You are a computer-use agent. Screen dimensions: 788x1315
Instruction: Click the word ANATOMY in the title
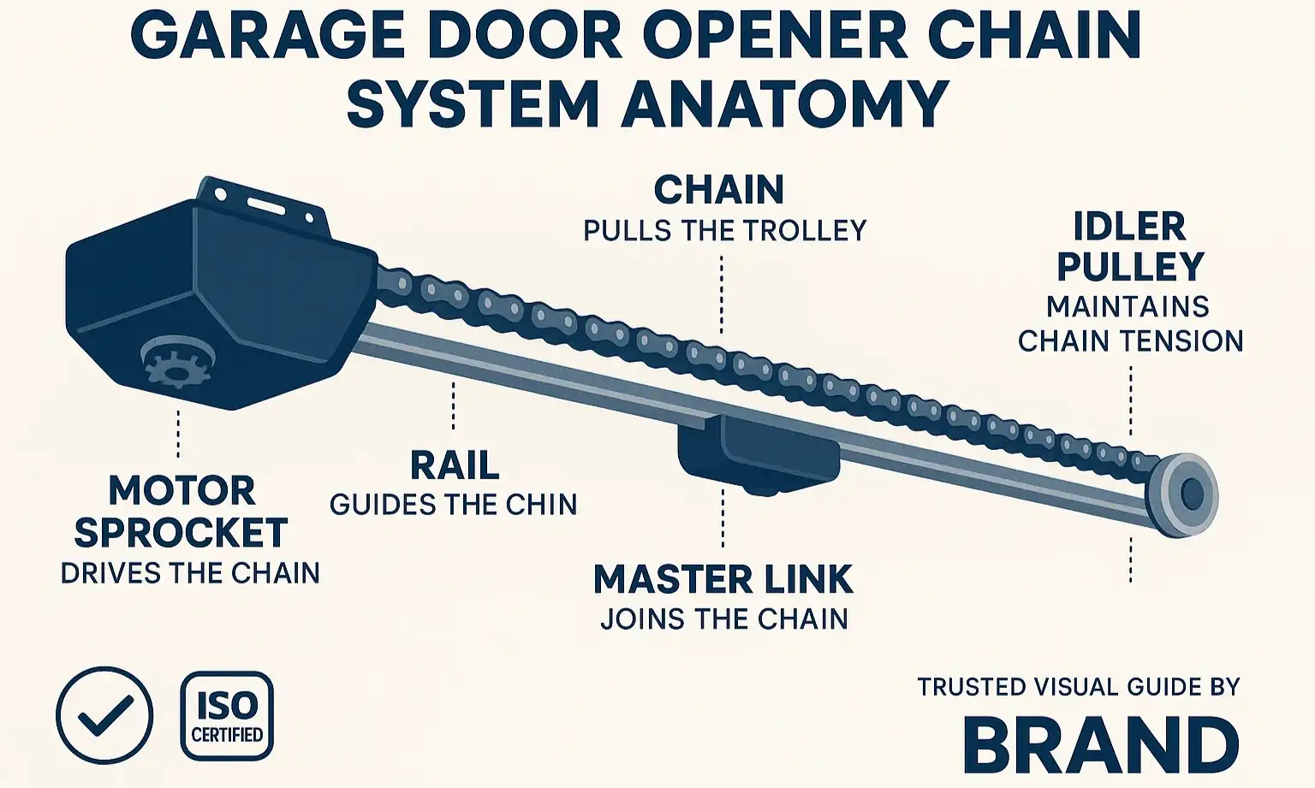tap(785, 104)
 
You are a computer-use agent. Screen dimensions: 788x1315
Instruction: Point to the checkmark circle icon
tap(104, 715)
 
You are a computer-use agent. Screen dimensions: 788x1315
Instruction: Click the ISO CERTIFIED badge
tap(227, 716)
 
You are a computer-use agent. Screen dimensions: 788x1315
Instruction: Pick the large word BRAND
tap(1101, 744)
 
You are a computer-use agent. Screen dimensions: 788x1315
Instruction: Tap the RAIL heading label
tap(454, 465)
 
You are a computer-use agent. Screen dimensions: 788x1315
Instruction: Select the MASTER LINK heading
tap(723, 579)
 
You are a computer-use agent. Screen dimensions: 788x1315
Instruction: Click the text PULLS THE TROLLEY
tap(725, 230)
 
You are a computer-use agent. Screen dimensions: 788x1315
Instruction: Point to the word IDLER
tap(1129, 227)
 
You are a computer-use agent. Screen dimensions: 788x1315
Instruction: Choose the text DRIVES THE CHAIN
tap(190, 572)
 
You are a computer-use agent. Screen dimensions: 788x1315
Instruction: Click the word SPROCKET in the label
tap(181, 532)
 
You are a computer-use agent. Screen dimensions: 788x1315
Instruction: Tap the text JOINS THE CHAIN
tap(724, 619)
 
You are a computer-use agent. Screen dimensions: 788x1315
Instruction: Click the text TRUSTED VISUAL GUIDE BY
tap(1079, 686)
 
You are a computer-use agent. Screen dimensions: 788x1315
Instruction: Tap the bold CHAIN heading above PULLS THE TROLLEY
tap(719, 190)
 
